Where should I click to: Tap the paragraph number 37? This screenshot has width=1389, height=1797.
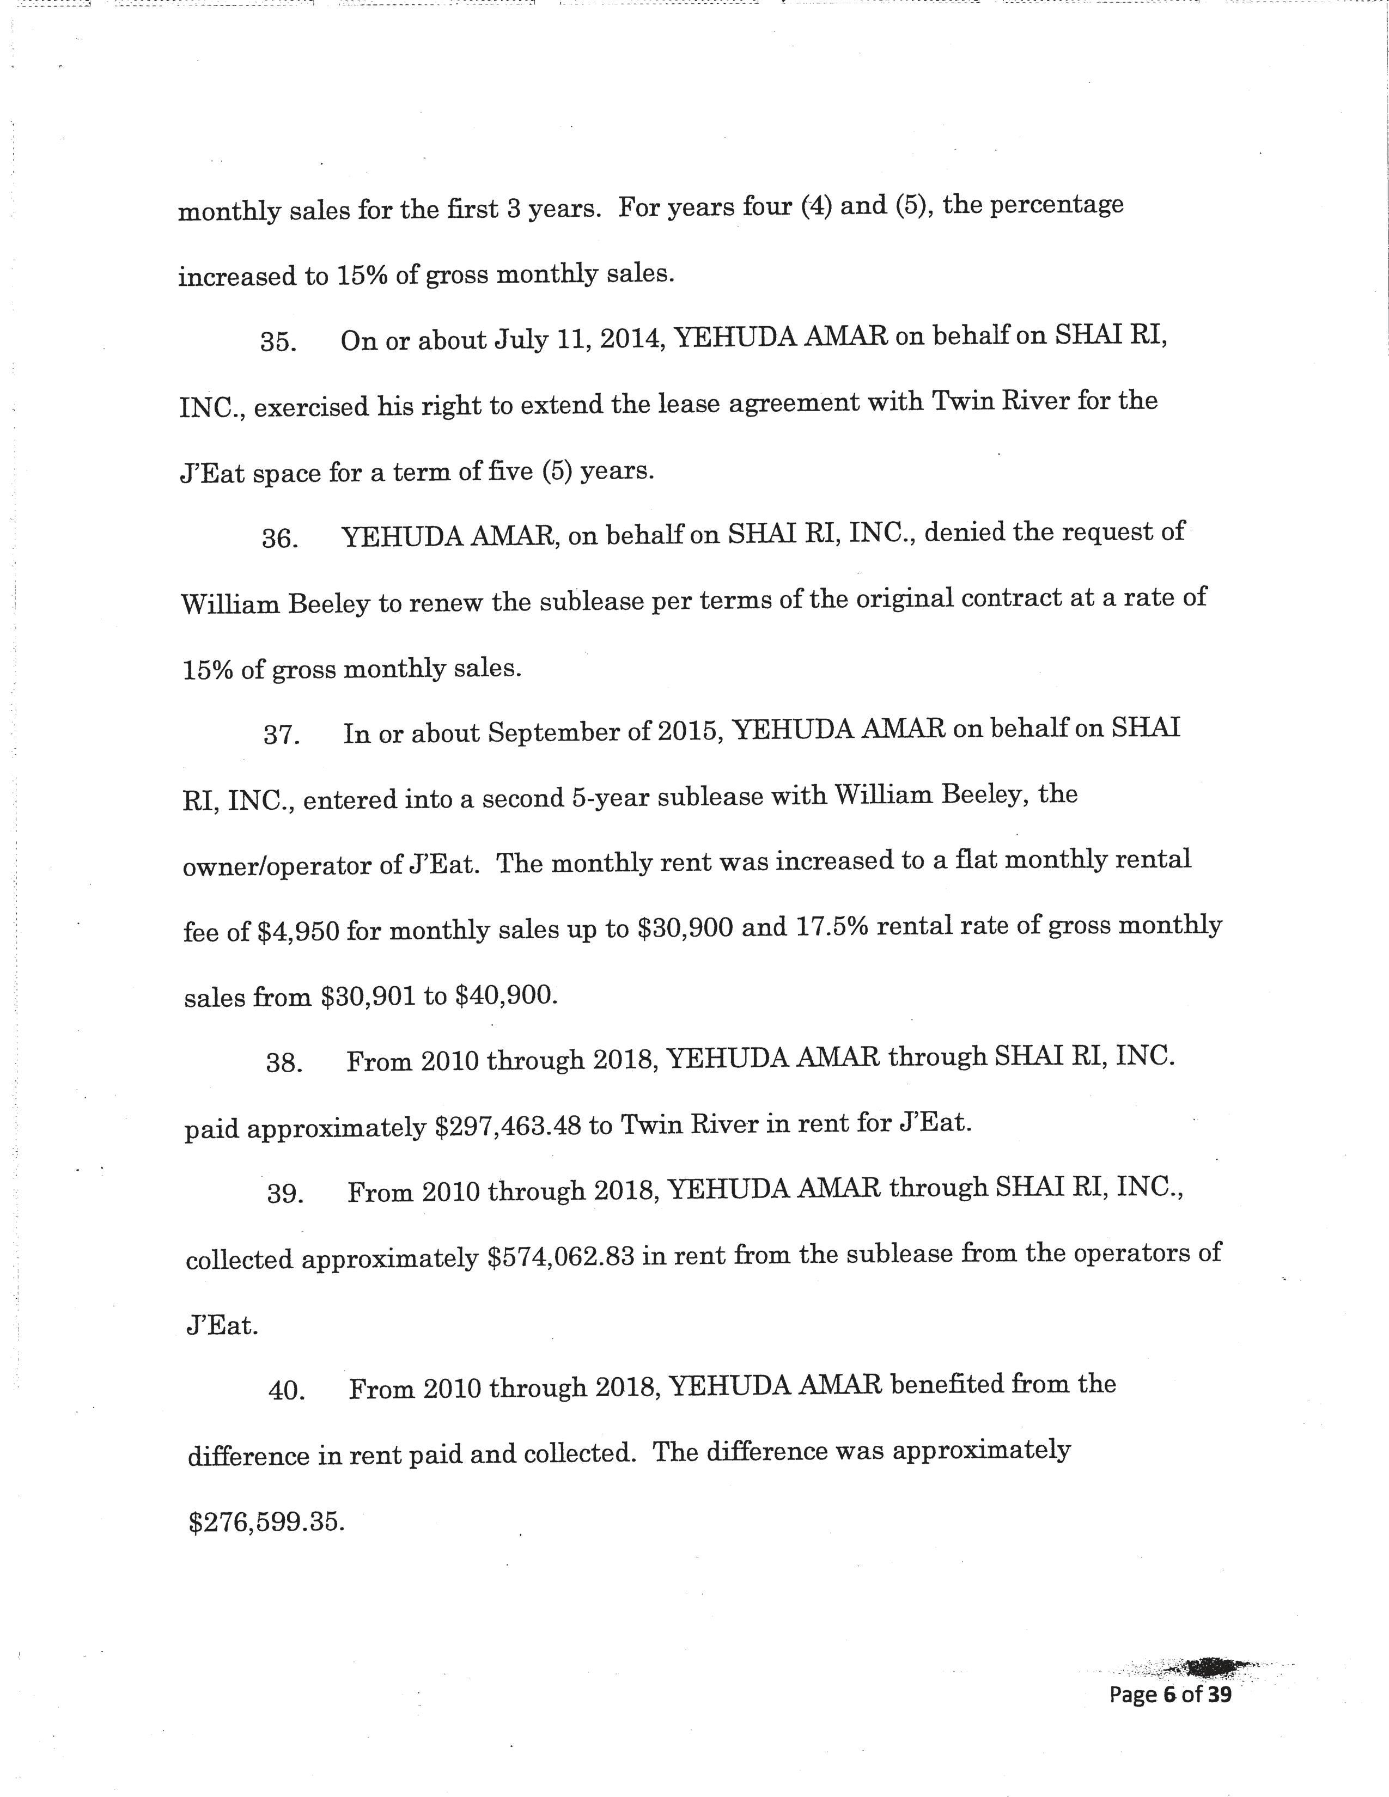[281, 735]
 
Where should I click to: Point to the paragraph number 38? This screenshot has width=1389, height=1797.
[284, 1063]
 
